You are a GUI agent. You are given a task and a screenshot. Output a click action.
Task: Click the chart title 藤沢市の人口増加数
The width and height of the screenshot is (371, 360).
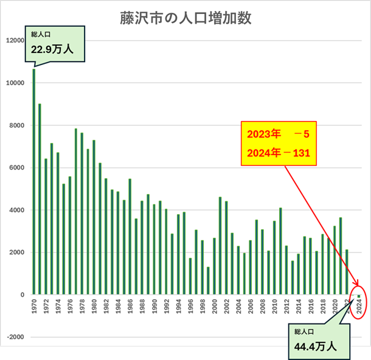(x=185, y=18)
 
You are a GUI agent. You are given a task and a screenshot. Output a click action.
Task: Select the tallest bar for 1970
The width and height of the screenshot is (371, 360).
(x=34, y=182)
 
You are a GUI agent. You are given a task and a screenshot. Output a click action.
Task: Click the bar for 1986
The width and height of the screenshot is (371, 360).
(x=130, y=237)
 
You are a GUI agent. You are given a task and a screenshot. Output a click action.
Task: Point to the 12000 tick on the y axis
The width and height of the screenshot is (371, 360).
(x=15, y=41)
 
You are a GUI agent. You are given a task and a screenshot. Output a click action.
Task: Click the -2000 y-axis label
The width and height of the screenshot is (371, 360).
(x=15, y=337)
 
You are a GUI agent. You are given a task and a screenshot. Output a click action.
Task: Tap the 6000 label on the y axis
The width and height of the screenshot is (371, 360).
(x=16, y=168)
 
